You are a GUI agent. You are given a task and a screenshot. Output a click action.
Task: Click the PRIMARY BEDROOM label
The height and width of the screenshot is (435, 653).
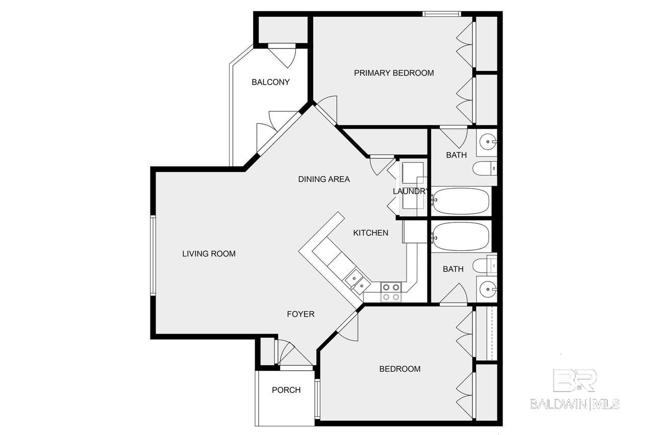(x=394, y=73)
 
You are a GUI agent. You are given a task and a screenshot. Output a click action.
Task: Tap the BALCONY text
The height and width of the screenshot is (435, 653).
(x=270, y=82)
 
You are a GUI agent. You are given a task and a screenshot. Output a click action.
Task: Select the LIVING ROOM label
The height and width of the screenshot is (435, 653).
(x=209, y=254)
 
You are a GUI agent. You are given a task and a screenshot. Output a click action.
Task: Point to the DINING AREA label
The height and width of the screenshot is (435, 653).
(x=324, y=179)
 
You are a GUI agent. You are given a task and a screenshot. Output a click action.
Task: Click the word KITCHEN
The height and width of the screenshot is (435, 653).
(x=370, y=233)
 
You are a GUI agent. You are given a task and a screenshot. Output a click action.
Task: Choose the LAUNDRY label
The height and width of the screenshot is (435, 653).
(x=411, y=191)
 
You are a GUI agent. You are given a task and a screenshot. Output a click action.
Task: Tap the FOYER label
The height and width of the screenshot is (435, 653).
(x=300, y=314)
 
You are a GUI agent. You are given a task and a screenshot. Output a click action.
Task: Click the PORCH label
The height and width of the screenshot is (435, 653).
(x=286, y=390)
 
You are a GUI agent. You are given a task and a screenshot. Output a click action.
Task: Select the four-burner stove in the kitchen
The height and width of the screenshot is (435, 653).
(x=391, y=292)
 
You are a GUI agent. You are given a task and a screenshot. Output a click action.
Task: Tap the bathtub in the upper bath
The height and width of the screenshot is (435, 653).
(x=461, y=201)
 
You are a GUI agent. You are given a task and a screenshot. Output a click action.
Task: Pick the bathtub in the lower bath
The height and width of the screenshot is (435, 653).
(x=461, y=237)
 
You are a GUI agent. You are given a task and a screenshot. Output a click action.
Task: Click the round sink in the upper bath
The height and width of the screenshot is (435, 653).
(x=488, y=142)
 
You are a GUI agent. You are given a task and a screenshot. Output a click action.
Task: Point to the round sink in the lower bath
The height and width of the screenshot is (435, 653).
(x=488, y=289)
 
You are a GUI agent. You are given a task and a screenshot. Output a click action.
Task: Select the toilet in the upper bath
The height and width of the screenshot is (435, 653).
(x=485, y=168)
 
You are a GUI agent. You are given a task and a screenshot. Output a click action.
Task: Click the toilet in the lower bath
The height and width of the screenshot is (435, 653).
(x=485, y=265)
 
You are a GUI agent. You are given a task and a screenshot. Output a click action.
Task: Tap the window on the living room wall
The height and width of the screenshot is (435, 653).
(x=153, y=255)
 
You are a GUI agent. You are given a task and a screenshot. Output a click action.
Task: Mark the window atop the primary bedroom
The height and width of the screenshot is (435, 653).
(x=442, y=14)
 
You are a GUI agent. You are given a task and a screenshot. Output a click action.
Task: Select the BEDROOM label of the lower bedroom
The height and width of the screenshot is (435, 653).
(x=399, y=369)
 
